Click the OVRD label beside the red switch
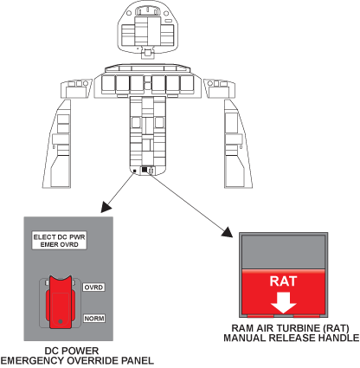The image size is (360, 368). (93, 287)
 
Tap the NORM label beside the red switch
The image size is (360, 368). (94, 319)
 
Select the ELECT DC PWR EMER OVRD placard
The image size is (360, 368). (59, 241)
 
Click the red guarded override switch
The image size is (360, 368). (61, 302)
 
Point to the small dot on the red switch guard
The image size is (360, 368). (61, 321)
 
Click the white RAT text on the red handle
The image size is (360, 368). (283, 281)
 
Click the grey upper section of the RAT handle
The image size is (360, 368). (283, 252)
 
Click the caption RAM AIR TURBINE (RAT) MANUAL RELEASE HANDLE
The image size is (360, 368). (292, 333)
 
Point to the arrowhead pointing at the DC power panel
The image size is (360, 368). (106, 207)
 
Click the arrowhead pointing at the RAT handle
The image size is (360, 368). (228, 232)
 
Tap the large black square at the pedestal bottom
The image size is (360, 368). (145, 170)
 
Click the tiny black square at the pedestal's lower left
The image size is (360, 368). (134, 171)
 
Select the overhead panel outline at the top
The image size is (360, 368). (148, 29)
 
